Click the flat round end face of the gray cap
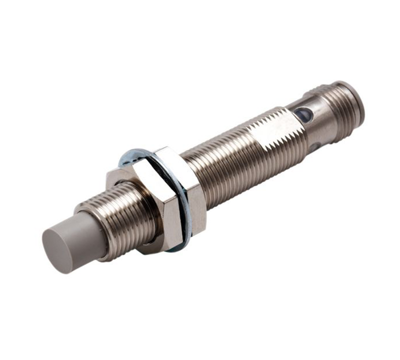point(56,251)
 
